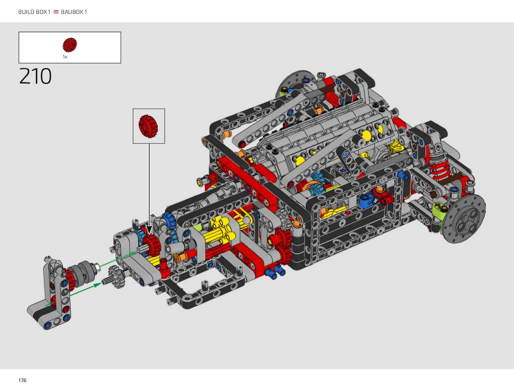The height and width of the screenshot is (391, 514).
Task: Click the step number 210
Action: (x=35, y=76)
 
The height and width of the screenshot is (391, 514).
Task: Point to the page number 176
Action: (x=22, y=380)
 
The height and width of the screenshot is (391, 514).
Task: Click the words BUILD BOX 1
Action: (x=34, y=12)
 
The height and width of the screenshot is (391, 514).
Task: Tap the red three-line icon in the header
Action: (x=56, y=12)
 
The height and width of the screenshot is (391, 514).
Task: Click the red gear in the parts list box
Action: (x=70, y=45)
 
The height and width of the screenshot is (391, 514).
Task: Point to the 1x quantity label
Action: (x=65, y=57)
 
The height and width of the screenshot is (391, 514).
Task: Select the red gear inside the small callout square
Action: (x=148, y=126)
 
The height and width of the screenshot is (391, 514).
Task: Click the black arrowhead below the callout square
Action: (x=149, y=230)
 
